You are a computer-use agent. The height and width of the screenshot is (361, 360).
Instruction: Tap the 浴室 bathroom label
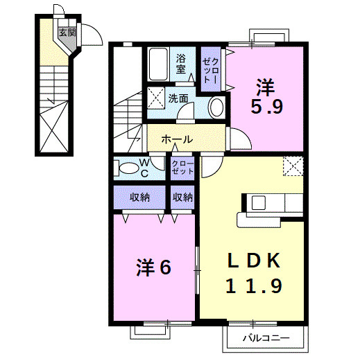[x=181, y=64]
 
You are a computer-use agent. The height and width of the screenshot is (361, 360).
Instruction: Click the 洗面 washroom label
[x=178, y=98]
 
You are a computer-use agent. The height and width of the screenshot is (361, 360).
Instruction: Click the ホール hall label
[x=177, y=139]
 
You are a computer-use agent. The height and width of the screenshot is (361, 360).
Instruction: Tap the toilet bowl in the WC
[x=128, y=168]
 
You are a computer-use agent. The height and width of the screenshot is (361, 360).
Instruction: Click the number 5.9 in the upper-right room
[x=266, y=107]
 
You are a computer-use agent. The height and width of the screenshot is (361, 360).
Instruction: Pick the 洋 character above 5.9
[x=266, y=87]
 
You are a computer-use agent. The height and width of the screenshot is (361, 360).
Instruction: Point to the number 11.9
[x=255, y=285]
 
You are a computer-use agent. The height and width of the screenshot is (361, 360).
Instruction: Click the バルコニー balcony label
[x=263, y=339]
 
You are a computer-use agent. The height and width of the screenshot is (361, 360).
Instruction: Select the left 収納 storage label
[x=139, y=197]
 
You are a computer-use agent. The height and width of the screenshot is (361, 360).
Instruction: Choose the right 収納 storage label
[x=182, y=197]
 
